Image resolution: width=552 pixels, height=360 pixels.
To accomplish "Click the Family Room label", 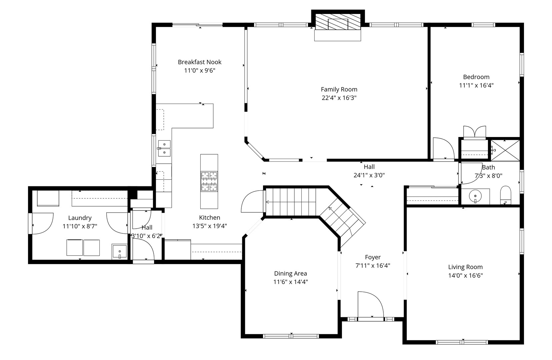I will point(339,89).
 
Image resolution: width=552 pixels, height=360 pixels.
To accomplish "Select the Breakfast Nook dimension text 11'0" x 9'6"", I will point(200,71).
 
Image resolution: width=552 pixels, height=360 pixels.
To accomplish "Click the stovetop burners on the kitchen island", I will point(209,181).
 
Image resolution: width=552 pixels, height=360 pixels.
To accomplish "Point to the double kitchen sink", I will point(164,148).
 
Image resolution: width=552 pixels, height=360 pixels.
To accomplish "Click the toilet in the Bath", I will point(505,195).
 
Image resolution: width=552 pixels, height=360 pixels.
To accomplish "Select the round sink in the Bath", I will point(475,196).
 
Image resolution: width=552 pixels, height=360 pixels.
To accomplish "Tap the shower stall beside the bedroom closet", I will point(505,150).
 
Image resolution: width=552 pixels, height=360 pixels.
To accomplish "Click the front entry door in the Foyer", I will point(370,305).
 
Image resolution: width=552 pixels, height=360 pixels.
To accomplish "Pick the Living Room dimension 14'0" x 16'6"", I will point(465,276).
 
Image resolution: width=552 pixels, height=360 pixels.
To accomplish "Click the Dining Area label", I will point(290,274).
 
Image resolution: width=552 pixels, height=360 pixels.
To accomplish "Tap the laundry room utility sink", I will point(119,252).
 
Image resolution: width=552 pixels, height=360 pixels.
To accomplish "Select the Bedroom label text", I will point(476,77).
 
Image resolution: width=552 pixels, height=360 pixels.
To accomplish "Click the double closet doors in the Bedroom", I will point(474,132).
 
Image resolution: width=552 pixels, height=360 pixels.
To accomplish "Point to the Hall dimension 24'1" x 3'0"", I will point(369,175).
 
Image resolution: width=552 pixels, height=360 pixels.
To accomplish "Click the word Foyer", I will point(373,257).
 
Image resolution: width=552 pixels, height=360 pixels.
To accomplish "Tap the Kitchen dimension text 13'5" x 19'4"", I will point(210,226).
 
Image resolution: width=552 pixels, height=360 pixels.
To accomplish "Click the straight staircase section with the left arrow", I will point(290,202).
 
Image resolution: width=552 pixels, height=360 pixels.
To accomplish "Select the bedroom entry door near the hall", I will point(443,149).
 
